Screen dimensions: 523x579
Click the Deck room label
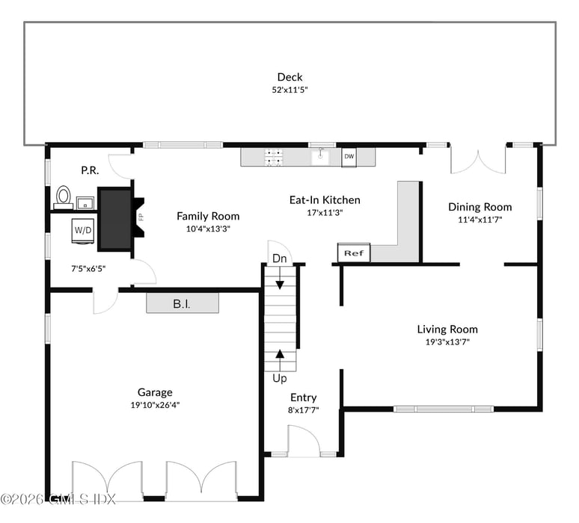click(289, 77)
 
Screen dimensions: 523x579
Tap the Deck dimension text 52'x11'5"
click(289, 90)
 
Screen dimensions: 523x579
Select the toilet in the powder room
click(63, 196)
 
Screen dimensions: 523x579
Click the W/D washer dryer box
click(82, 231)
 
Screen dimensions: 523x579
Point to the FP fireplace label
click(140, 217)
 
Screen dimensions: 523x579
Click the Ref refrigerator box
click(354, 253)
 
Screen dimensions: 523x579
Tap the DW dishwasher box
click(349, 157)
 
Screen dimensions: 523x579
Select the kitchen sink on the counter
click(321, 156)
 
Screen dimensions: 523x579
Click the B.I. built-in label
click(182, 303)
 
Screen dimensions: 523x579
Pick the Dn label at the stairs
click(279, 259)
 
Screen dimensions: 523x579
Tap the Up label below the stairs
click(279, 378)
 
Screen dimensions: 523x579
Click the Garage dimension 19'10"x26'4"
click(154, 405)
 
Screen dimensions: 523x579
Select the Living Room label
click(447, 329)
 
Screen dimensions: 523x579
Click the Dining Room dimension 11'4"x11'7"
click(480, 220)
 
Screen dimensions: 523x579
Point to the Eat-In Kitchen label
click(325, 199)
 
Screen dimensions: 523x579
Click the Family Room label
click(208, 216)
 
